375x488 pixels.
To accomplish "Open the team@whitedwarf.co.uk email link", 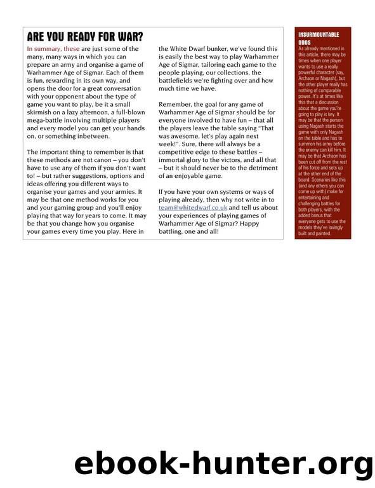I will pyautogui.click(x=194, y=207).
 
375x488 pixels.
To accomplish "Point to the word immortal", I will pyautogui.click(x=176, y=154).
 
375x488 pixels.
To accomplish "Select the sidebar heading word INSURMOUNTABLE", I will pyautogui.click(x=319, y=34).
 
